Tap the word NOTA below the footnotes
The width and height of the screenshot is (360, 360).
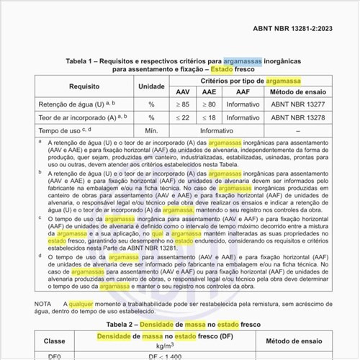coord(44,303)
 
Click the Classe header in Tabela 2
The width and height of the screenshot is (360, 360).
coord(54,340)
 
